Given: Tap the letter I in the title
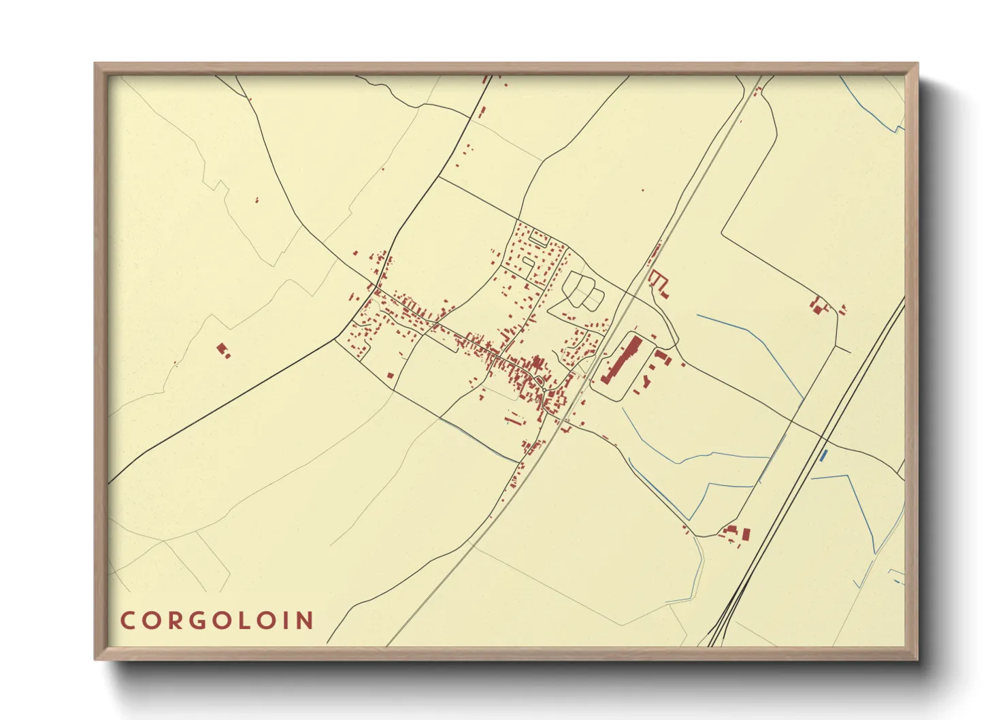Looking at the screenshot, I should (285, 621).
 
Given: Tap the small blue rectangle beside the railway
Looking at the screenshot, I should (824, 454).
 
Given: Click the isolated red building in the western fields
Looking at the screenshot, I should (222, 350).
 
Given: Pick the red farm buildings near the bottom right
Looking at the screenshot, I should (738, 533).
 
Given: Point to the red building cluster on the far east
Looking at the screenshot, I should (819, 306).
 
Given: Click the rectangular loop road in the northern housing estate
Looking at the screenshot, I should (540, 238).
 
